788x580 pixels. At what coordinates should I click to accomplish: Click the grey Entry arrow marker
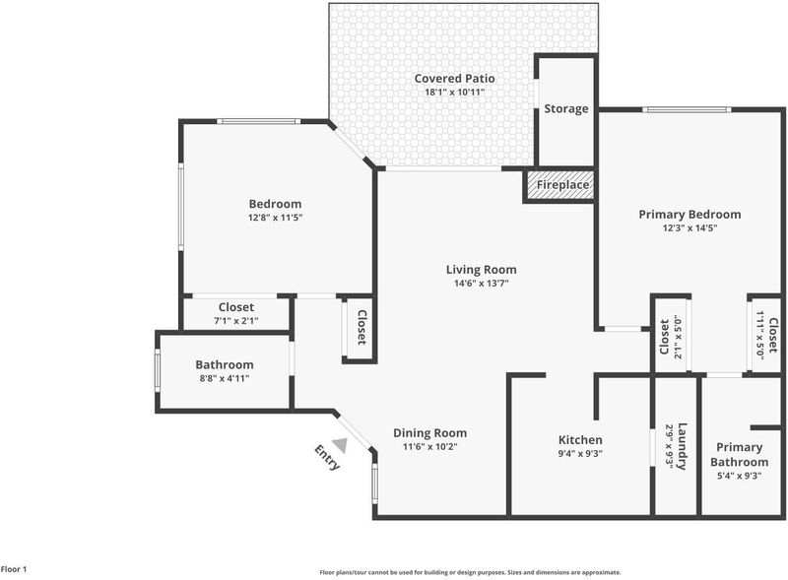(341, 445)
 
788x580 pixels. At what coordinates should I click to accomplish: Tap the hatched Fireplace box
(560, 185)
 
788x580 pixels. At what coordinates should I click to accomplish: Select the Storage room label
(565, 108)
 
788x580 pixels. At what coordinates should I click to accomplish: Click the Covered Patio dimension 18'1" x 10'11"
(455, 92)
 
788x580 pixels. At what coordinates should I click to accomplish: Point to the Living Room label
(481, 270)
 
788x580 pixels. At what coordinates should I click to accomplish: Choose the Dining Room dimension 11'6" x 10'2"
(430, 446)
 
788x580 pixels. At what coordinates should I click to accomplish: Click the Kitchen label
(580, 440)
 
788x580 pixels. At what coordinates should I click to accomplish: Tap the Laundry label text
(683, 446)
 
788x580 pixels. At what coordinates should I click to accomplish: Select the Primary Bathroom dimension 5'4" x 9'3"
(740, 475)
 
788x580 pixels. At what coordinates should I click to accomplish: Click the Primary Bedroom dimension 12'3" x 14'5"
(689, 227)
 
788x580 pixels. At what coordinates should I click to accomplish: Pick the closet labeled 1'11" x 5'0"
(766, 335)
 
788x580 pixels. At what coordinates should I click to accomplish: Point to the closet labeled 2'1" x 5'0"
(671, 337)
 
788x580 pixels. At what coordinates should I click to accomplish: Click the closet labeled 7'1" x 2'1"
(236, 313)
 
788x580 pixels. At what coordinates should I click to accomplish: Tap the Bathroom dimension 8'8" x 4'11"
(225, 378)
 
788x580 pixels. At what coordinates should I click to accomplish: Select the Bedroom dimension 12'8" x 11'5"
(275, 218)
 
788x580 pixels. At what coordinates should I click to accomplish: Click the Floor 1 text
(14, 569)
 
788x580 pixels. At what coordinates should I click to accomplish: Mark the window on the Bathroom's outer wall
(158, 369)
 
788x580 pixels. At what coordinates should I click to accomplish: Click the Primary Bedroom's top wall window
(687, 110)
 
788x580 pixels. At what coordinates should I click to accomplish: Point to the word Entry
(327, 457)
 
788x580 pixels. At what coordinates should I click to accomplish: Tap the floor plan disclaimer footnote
(471, 572)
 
